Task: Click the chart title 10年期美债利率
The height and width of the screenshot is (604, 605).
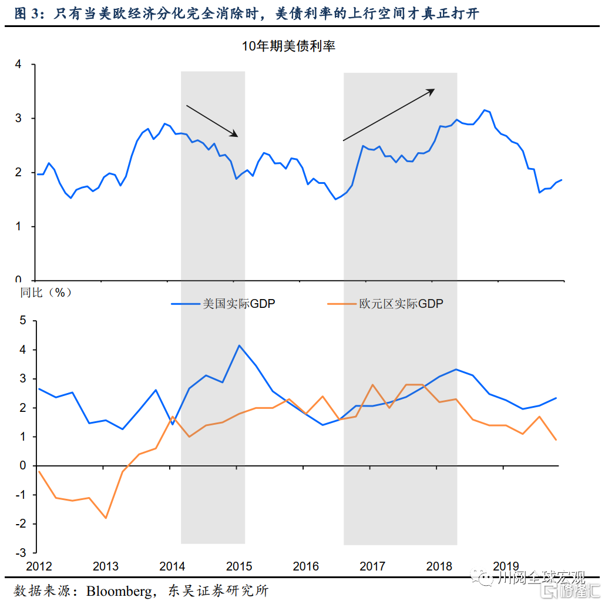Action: click(288, 46)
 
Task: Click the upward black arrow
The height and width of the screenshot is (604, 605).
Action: click(388, 115)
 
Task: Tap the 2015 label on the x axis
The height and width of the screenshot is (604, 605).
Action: click(239, 567)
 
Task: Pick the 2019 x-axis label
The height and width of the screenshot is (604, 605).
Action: click(506, 567)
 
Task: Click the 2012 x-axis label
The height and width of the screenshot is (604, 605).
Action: click(39, 567)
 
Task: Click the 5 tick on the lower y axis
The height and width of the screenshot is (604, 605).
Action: click(23, 321)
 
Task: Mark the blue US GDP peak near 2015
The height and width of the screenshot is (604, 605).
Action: click(239, 345)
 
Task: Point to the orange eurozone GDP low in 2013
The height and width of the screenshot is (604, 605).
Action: click(106, 518)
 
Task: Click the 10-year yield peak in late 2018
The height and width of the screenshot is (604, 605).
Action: click(485, 110)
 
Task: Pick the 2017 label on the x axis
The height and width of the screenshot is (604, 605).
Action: click(372, 567)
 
